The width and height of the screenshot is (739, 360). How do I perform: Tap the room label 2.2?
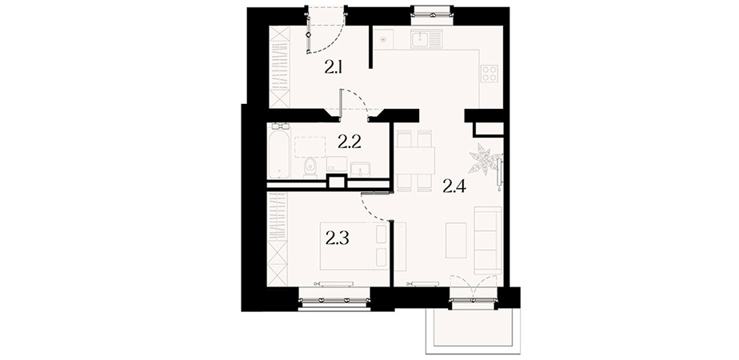350,142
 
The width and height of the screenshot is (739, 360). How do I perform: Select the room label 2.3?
337,239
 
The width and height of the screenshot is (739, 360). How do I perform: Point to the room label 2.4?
454,187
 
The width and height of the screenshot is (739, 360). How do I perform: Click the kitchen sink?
426,38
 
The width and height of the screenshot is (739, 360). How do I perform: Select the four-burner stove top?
489,73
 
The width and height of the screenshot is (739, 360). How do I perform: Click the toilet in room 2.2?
310,167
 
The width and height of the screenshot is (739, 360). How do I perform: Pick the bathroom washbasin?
362,168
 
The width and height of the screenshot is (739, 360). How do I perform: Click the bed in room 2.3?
354,246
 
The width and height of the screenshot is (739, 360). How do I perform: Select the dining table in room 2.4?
415,161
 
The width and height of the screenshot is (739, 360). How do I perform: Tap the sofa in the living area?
488,240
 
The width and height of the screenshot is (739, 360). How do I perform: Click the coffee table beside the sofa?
456,240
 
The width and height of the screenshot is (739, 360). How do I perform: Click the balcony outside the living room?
473,330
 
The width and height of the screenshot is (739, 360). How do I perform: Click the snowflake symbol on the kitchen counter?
383,38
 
